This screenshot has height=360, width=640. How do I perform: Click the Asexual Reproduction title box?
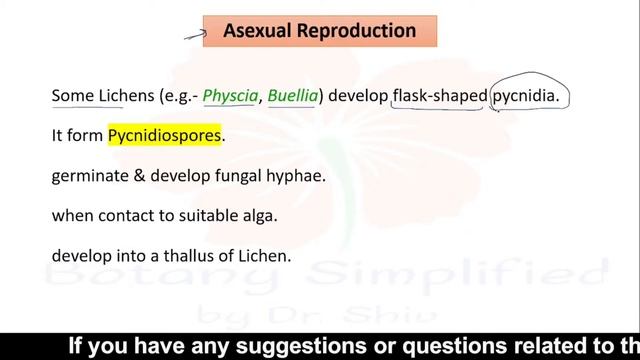click(319, 31)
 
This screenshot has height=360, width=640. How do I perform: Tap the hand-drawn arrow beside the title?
click(194, 35)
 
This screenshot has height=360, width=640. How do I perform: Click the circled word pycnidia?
click(529, 97)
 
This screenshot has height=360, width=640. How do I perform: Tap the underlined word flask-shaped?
click(438, 97)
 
